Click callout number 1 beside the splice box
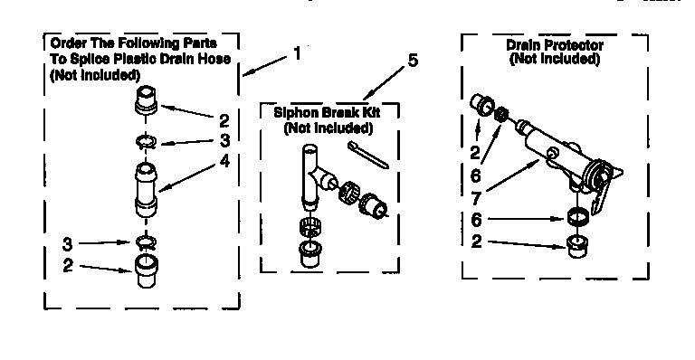[297, 53]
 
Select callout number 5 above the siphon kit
[413, 62]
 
